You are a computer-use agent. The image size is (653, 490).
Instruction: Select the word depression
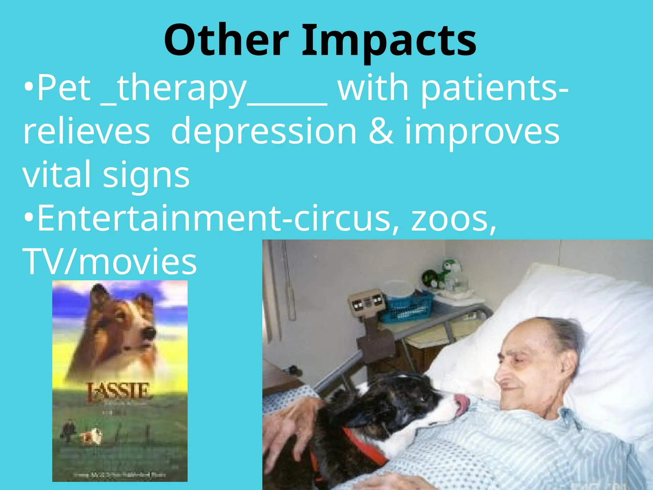pyautogui.click(x=264, y=132)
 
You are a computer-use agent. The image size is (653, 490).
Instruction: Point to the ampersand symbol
pyautogui.click(x=381, y=131)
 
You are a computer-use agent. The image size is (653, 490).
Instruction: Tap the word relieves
pyautogui.click(x=86, y=132)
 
